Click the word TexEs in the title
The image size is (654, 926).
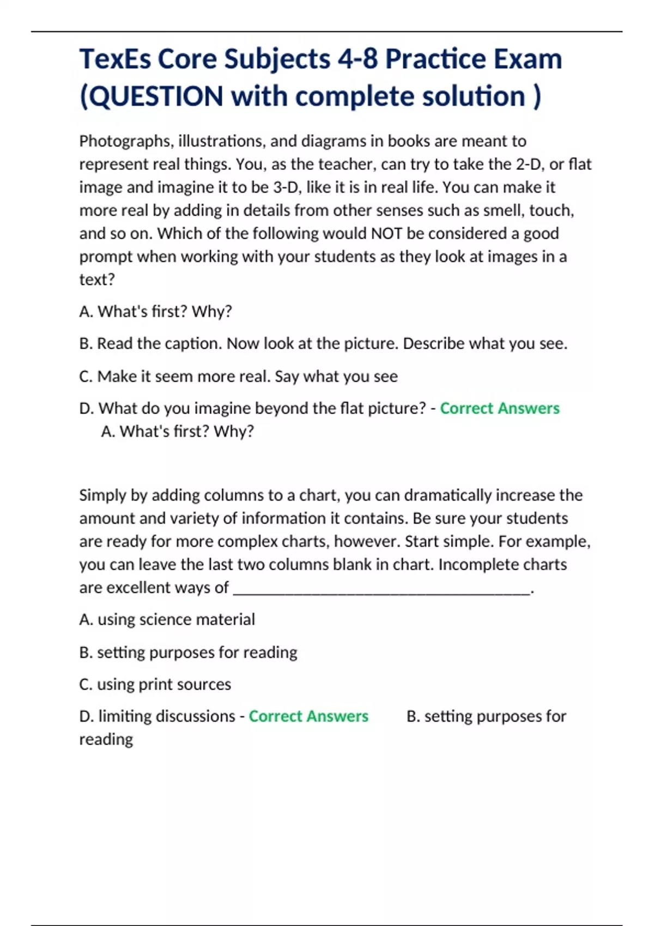coord(114,59)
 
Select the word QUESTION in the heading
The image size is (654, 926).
coord(155,96)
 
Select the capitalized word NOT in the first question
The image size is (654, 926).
coord(386,234)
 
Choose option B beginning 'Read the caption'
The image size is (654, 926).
coord(323,344)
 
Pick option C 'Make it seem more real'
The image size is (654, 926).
coord(238,376)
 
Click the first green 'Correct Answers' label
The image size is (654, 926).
coord(499,409)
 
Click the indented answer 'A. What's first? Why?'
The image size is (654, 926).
coord(178,431)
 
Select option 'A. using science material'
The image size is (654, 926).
coord(167,620)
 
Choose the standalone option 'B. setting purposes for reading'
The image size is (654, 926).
coord(188,653)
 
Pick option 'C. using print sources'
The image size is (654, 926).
coord(155,684)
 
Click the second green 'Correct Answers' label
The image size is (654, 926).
coord(308,716)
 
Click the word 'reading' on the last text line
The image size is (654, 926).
coord(106,740)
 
